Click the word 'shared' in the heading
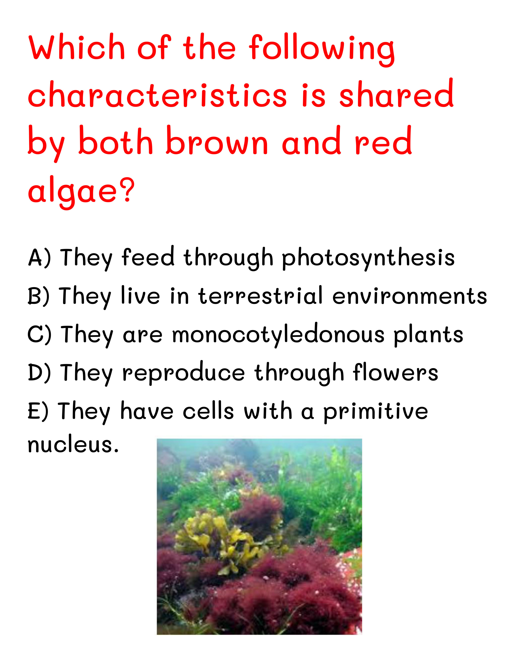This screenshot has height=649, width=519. (x=396, y=93)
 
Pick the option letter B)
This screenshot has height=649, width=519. (x=38, y=296)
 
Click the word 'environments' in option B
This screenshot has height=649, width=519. (x=410, y=296)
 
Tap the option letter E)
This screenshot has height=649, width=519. (x=38, y=411)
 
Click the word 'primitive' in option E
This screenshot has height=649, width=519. (x=376, y=411)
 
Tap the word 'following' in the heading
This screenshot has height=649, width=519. (x=322, y=49)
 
